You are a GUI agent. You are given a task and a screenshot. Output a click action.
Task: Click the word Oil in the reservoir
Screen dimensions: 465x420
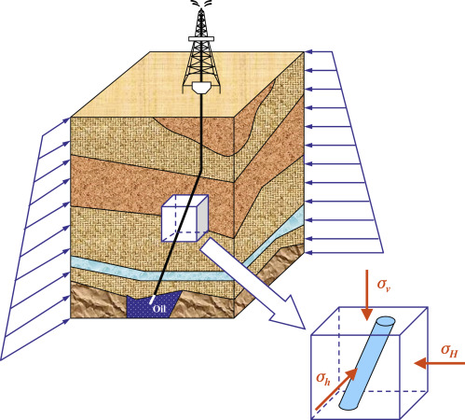(x=159, y=308)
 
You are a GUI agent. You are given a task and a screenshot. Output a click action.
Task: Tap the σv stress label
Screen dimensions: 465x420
(x=384, y=285)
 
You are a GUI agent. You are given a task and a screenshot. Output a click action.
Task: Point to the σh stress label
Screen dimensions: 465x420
(x=322, y=379)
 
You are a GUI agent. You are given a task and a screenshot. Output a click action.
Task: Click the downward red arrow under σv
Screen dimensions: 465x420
(x=367, y=295)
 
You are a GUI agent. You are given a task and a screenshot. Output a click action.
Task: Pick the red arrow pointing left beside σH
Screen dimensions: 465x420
(x=440, y=363)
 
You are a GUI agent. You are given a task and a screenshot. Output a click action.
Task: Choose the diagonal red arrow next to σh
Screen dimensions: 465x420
(x=336, y=389)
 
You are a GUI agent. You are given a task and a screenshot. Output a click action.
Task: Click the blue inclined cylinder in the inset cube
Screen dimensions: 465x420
(x=367, y=363)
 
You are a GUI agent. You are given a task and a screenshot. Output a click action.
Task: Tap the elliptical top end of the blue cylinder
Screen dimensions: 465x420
(x=386, y=321)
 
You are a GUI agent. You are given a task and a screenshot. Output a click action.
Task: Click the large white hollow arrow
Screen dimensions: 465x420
(x=253, y=284)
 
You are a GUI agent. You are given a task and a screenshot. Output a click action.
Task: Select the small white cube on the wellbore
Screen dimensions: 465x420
(x=185, y=218)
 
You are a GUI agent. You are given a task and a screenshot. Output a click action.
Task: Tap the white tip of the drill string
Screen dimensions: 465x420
(x=152, y=300)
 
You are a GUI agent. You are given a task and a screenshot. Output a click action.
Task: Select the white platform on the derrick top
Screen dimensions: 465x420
(x=201, y=39)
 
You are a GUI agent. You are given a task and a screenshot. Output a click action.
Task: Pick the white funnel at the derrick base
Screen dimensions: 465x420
(x=201, y=87)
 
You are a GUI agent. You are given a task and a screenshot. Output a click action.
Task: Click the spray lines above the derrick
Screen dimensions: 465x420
(x=201, y=4)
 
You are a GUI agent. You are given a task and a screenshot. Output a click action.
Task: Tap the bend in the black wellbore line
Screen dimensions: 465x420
(x=199, y=170)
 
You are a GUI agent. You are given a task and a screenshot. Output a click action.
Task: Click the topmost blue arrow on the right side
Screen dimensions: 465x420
(x=319, y=51)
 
